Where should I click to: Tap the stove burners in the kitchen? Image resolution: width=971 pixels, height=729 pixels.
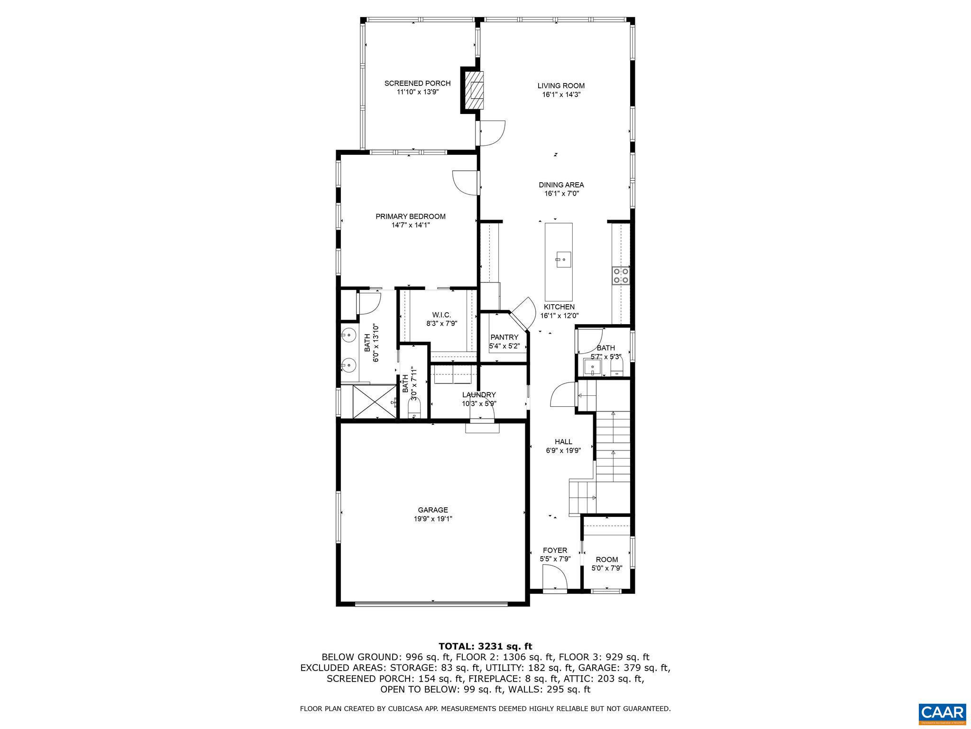point(621,276)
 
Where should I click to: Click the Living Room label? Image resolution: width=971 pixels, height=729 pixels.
point(561,86)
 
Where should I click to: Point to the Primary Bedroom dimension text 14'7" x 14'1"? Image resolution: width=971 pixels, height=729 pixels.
point(411,225)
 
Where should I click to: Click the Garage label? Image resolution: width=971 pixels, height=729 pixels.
point(433,510)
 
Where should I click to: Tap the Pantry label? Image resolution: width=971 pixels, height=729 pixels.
point(504,337)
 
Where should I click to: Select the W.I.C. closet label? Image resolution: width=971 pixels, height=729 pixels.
point(441,315)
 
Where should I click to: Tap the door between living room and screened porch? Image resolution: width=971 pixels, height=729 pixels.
point(493,133)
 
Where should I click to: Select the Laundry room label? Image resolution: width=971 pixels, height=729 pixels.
point(479,395)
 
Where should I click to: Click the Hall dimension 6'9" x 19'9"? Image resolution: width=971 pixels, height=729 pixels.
point(563,450)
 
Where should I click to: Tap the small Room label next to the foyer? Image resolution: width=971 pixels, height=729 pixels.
point(607,560)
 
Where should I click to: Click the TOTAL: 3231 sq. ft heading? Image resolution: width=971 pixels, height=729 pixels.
point(485,646)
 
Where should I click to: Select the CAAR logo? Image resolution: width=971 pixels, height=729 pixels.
point(942,712)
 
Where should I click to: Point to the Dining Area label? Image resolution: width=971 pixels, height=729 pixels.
point(561,185)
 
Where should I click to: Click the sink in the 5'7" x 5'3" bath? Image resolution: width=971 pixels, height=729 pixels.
point(593,367)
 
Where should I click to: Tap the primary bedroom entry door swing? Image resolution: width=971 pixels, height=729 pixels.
point(465,182)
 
